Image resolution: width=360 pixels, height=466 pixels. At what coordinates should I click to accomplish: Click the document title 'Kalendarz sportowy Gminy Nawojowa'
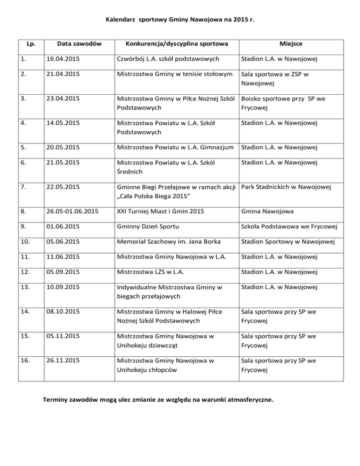pyautogui.click(x=180, y=20)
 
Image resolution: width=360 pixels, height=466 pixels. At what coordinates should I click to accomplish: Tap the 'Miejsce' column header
pyautogui.click(x=291, y=44)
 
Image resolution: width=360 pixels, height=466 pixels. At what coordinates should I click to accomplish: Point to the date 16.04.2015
pyautogui.click(x=69, y=60)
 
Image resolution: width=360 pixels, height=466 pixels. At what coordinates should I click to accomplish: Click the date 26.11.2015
pyautogui.click(x=69, y=361)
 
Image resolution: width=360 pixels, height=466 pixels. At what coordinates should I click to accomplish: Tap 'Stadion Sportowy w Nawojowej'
pyautogui.click(x=290, y=242)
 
